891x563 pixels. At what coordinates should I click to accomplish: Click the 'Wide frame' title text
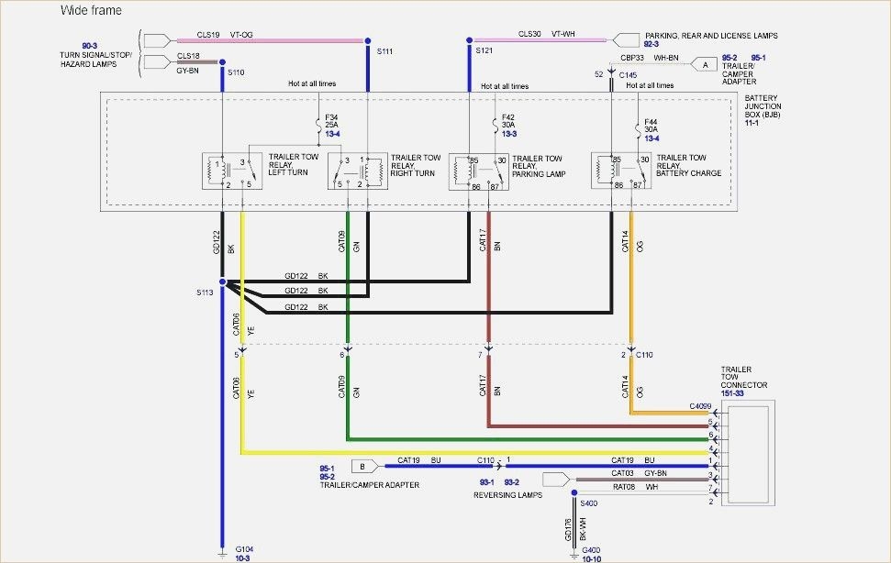tap(90, 10)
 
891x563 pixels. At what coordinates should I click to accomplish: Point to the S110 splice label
tap(236, 72)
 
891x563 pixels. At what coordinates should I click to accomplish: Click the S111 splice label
tap(384, 52)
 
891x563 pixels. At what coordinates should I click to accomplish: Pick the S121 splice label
tap(484, 52)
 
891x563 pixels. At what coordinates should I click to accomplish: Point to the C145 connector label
tap(629, 74)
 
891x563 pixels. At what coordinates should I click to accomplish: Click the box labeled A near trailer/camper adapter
tap(705, 64)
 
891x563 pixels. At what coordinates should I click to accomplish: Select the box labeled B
tap(362, 465)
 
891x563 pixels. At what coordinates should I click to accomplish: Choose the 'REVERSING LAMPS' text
tap(507, 495)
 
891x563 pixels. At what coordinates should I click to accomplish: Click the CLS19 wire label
tap(208, 34)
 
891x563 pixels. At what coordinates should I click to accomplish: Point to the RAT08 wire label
tap(624, 487)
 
